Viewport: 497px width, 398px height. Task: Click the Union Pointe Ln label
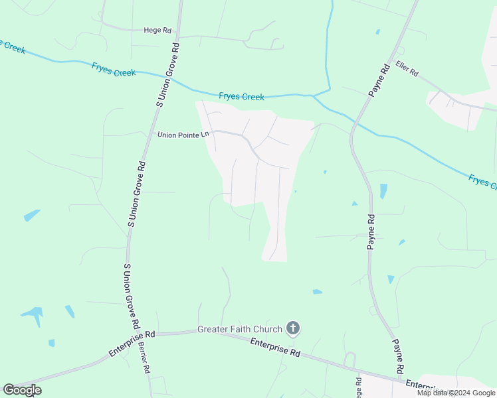pyautogui.click(x=183, y=135)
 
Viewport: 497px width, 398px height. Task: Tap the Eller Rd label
pyautogui.click(x=406, y=68)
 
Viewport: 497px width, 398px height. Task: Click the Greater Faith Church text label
pyautogui.click(x=240, y=330)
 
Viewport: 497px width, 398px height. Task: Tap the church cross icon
pyautogui.click(x=293, y=328)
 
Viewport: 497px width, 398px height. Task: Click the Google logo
pyautogui.click(x=22, y=390)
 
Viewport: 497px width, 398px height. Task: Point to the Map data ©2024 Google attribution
pyautogui.click(x=456, y=393)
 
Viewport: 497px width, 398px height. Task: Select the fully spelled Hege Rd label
pyautogui.click(x=157, y=30)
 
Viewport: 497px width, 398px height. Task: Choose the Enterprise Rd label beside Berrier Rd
pyautogui.click(x=132, y=345)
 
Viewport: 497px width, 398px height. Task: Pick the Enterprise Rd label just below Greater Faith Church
pyautogui.click(x=276, y=348)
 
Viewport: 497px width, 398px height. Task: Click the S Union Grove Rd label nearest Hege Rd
pyautogui.click(x=168, y=75)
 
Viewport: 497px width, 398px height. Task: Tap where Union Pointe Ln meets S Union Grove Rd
pyautogui.click(x=148, y=133)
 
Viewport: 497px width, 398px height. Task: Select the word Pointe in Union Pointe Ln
pyautogui.click(x=188, y=135)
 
